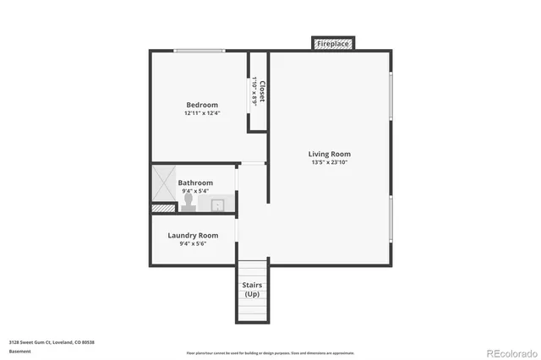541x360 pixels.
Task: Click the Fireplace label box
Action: [333, 43]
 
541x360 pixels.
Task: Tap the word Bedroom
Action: [202, 105]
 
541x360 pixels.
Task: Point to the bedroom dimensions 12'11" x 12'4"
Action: [202, 114]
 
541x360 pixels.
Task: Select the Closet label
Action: [263, 91]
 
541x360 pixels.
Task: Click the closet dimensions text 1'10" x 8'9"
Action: [254, 91]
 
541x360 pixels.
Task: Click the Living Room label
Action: [330, 154]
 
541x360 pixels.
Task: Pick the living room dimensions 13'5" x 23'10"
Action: [330, 163]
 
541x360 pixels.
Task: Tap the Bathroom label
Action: [195, 183]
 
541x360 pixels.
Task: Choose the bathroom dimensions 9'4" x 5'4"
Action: [195, 192]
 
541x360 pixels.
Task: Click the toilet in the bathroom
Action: [188, 201]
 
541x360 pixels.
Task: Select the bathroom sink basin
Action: [217, 204]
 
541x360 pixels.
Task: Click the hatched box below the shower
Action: [160, 207]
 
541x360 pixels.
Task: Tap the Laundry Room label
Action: [193, 235]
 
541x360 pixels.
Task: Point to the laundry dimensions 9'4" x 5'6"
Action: [193, 244]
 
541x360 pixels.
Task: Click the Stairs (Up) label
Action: [252, 289]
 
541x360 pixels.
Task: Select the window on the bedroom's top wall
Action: [200, 52]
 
